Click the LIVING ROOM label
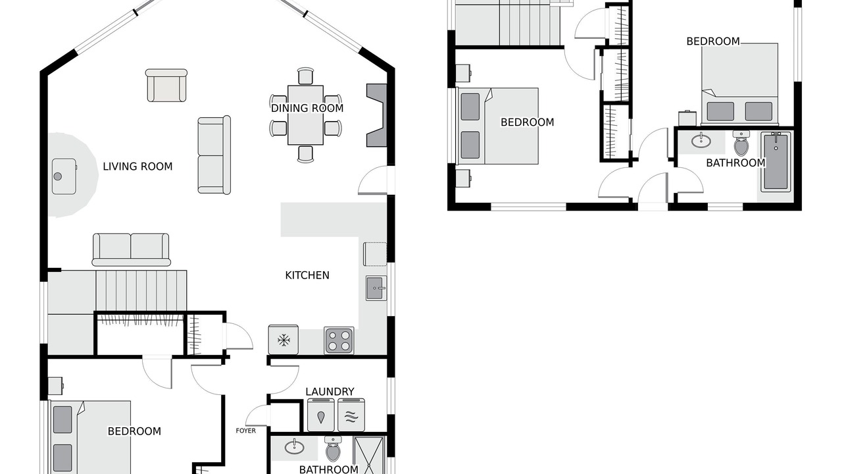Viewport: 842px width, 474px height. [x=137, y=167]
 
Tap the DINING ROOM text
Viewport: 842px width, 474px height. [x=307, y=109]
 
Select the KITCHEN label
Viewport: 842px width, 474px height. [x=307, y=275]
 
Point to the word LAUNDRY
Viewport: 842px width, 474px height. [x=330, y=392]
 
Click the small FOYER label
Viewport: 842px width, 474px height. [x=246, y=431]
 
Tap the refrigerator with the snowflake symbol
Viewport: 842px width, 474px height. [x=284, y=340]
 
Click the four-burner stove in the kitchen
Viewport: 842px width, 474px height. [x=339, y=340]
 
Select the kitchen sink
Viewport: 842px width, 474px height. [x=376, y=288]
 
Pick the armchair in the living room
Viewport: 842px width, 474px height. [x=166, y=86]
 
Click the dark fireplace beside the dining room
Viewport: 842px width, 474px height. [x=377, y=115]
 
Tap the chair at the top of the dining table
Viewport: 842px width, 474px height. [x=305, y=76]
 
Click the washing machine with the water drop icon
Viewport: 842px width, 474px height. [x=321, y=415]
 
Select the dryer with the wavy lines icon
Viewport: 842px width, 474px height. [x=351, y=415]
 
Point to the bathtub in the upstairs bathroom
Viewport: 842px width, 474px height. [x=776, y=162]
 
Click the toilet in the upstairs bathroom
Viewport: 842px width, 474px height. [x=741, y=143]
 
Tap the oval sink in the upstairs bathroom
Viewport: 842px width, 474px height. [x=701, y=141]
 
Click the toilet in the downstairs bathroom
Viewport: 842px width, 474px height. [x=333, y=449]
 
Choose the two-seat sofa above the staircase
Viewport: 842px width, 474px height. [x=131, y=250]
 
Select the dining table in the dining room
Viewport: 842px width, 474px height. [x=306, y=115]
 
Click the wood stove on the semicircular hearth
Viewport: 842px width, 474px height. [x=64, y=176]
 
